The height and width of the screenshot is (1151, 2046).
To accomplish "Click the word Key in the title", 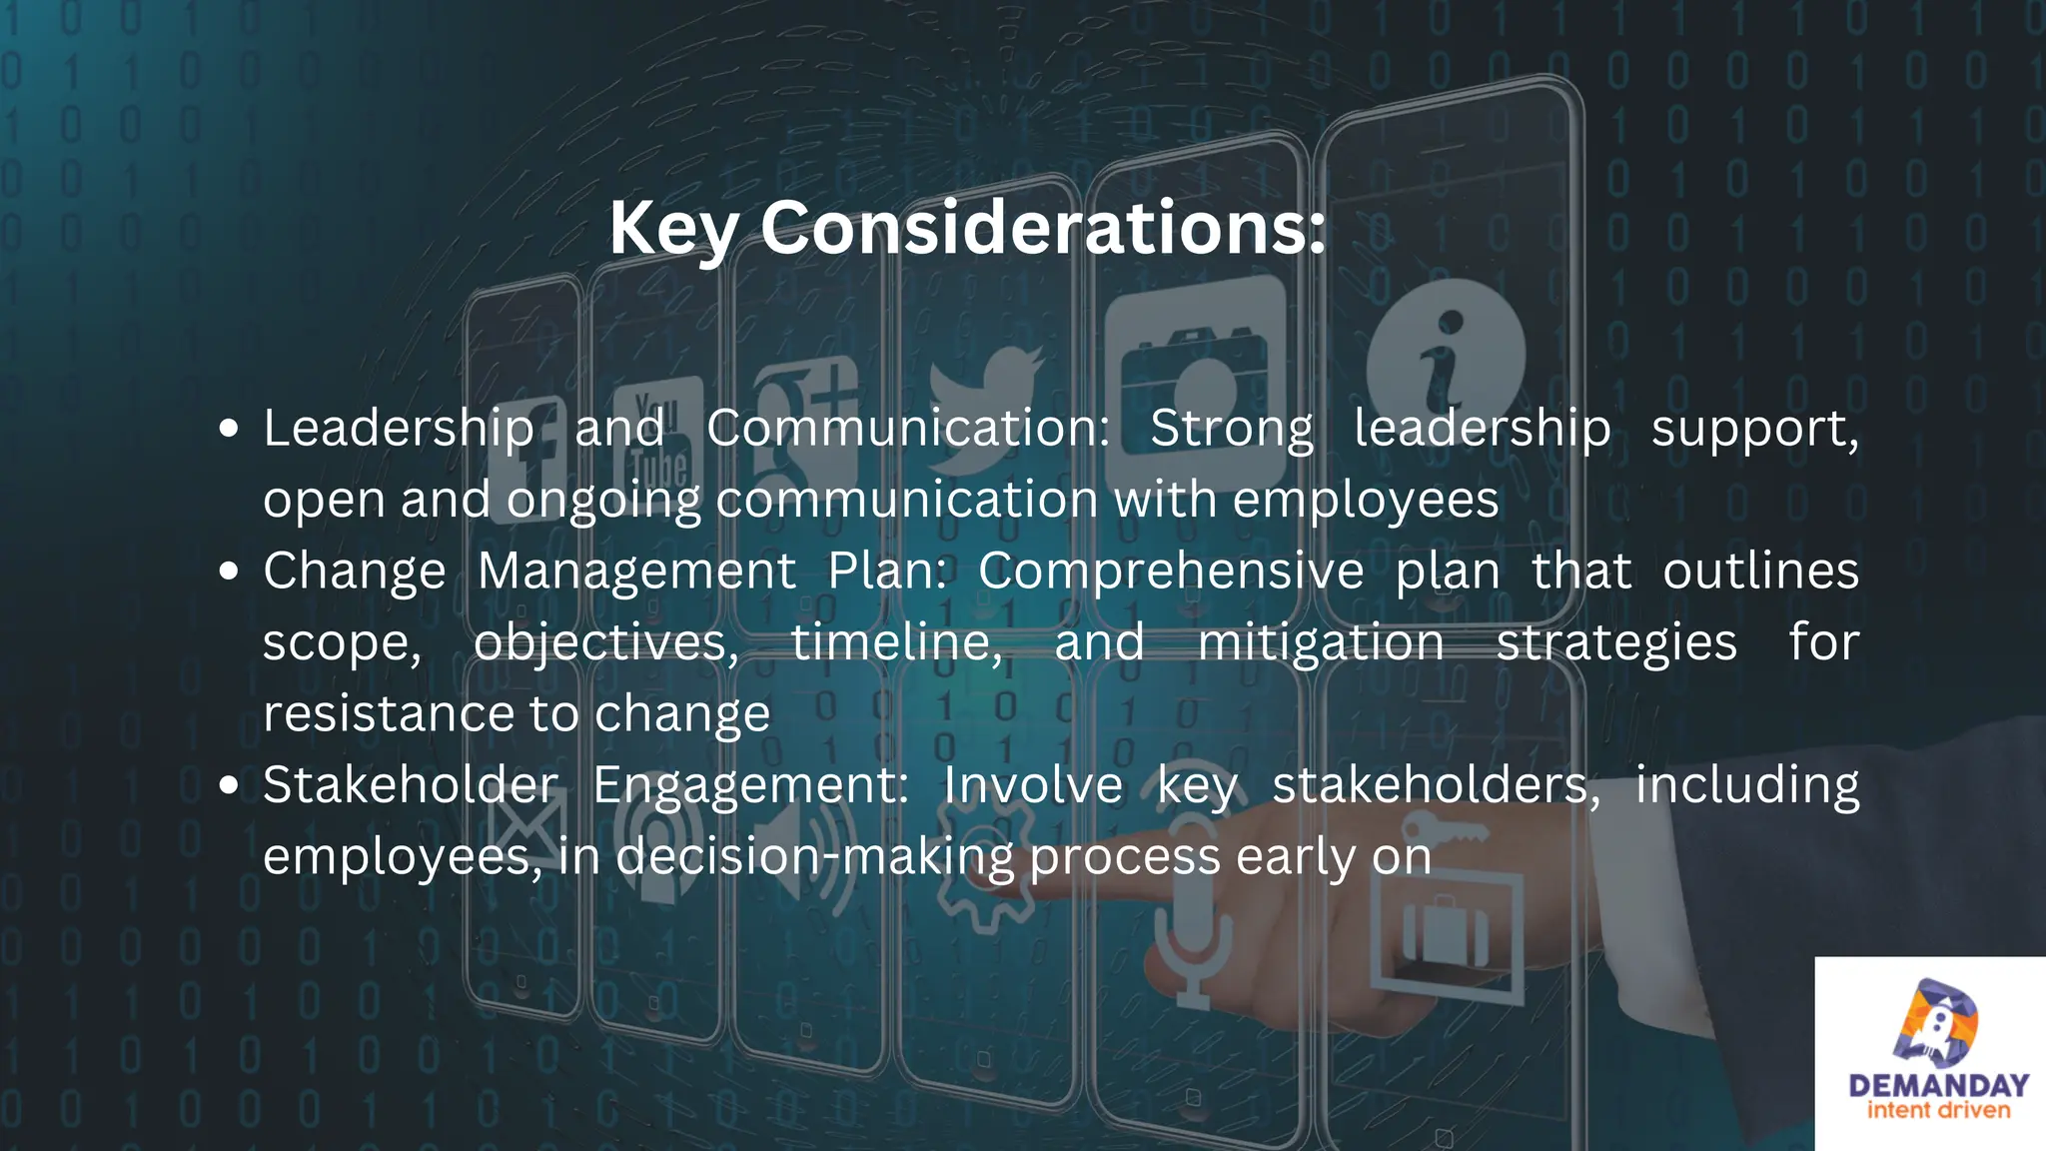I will [674, 230].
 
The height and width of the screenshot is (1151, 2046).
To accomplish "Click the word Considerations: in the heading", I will [1043, 228].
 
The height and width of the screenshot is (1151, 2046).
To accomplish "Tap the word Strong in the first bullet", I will [1231, 429].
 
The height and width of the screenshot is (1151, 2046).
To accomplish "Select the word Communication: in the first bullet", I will [908, 429].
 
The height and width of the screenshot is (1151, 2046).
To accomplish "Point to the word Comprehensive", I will [1171, 572].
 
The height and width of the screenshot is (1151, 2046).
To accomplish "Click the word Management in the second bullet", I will [636, 572].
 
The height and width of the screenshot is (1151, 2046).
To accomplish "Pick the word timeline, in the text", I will [896, 642].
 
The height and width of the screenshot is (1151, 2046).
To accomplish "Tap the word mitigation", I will [1321, 642].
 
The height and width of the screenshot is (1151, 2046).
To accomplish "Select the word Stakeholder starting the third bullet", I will [410, 785].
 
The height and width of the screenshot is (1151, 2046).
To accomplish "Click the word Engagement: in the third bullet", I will [750, 785].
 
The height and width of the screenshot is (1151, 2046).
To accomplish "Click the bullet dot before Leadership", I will [230, 430].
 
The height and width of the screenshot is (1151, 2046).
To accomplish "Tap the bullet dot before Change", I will [230, 573].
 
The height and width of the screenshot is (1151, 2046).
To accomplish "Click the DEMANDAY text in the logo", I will [1938, 1086].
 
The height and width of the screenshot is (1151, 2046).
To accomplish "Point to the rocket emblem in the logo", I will [1935, 1024].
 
